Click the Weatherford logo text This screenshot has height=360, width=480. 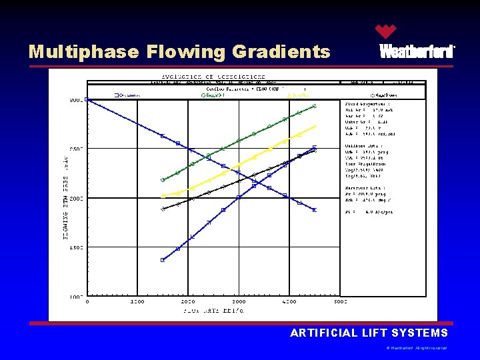(417, 52)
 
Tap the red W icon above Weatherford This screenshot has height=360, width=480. (385, 31)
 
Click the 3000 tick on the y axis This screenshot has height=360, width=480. (77, 100)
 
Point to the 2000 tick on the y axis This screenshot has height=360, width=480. (77, 199)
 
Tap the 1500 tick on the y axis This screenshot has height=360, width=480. (77, 248)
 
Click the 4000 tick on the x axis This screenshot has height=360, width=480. (289, 302)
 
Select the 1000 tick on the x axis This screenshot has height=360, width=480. (137, 302)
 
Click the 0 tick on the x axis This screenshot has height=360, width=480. (87, 302)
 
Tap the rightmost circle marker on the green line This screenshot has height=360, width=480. (315, 105)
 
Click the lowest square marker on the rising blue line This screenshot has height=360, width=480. (163, 260)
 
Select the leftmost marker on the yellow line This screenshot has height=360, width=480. (163, 195)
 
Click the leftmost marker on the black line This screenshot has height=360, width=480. (163, 209)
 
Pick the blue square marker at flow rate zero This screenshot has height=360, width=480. (87, 100)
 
